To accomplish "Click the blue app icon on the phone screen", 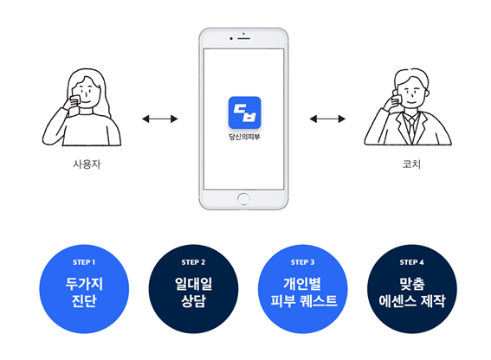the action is point(244,112).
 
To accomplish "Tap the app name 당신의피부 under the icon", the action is point(244,137).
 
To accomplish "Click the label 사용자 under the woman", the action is point(87,164).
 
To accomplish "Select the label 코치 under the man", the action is point(411,164).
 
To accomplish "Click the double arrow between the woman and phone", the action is point(159,119).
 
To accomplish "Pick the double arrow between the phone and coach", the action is point(327,119).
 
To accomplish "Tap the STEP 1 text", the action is point(84,262).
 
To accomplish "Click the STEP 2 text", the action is point(193,262).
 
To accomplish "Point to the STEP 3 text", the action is point(302,262).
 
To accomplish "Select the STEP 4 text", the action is point(412,262).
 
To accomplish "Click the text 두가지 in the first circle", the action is point(84,284).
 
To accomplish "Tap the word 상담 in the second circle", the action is point(193,301).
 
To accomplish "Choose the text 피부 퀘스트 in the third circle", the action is point(303,301).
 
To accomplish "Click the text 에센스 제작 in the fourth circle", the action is point(412,301).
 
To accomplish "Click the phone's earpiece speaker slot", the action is point(243,38).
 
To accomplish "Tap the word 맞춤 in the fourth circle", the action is point(412,284).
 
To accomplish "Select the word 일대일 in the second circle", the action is point(193,284).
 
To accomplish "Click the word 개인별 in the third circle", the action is point(302,284).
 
